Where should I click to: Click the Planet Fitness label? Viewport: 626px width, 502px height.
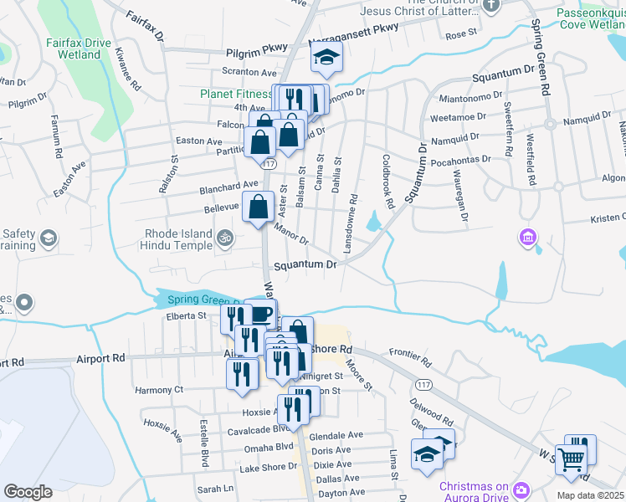click(x=235, y=95)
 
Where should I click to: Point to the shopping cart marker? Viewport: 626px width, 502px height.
click(x=571, y=458)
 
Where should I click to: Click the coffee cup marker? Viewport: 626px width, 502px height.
click(x=261, y=315)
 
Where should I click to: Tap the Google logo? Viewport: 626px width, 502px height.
click(x=28, y=492)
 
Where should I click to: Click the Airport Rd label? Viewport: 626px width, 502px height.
click(x=102, y=357)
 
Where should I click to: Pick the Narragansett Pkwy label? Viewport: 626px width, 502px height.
click(x=353, y=39)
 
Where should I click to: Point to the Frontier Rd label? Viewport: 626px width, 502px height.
click(x=410, y=361)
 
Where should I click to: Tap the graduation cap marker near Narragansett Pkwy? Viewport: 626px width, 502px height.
click(x=326, y=58)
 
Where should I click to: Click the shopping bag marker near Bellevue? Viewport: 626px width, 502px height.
click(x=259, y=205)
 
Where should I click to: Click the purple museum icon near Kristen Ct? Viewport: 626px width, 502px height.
click(x=527, y=238)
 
